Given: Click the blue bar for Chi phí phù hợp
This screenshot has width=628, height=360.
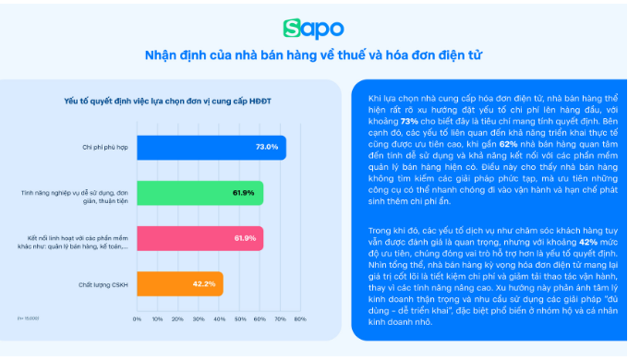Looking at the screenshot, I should (211, 147).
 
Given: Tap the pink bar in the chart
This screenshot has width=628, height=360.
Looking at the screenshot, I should (199, 237).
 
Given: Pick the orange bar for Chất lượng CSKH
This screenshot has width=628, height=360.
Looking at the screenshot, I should (179, 282).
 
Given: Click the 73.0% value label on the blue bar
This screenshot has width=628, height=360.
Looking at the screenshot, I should (267, 147).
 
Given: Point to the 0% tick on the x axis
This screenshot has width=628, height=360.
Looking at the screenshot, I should (138, 318).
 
